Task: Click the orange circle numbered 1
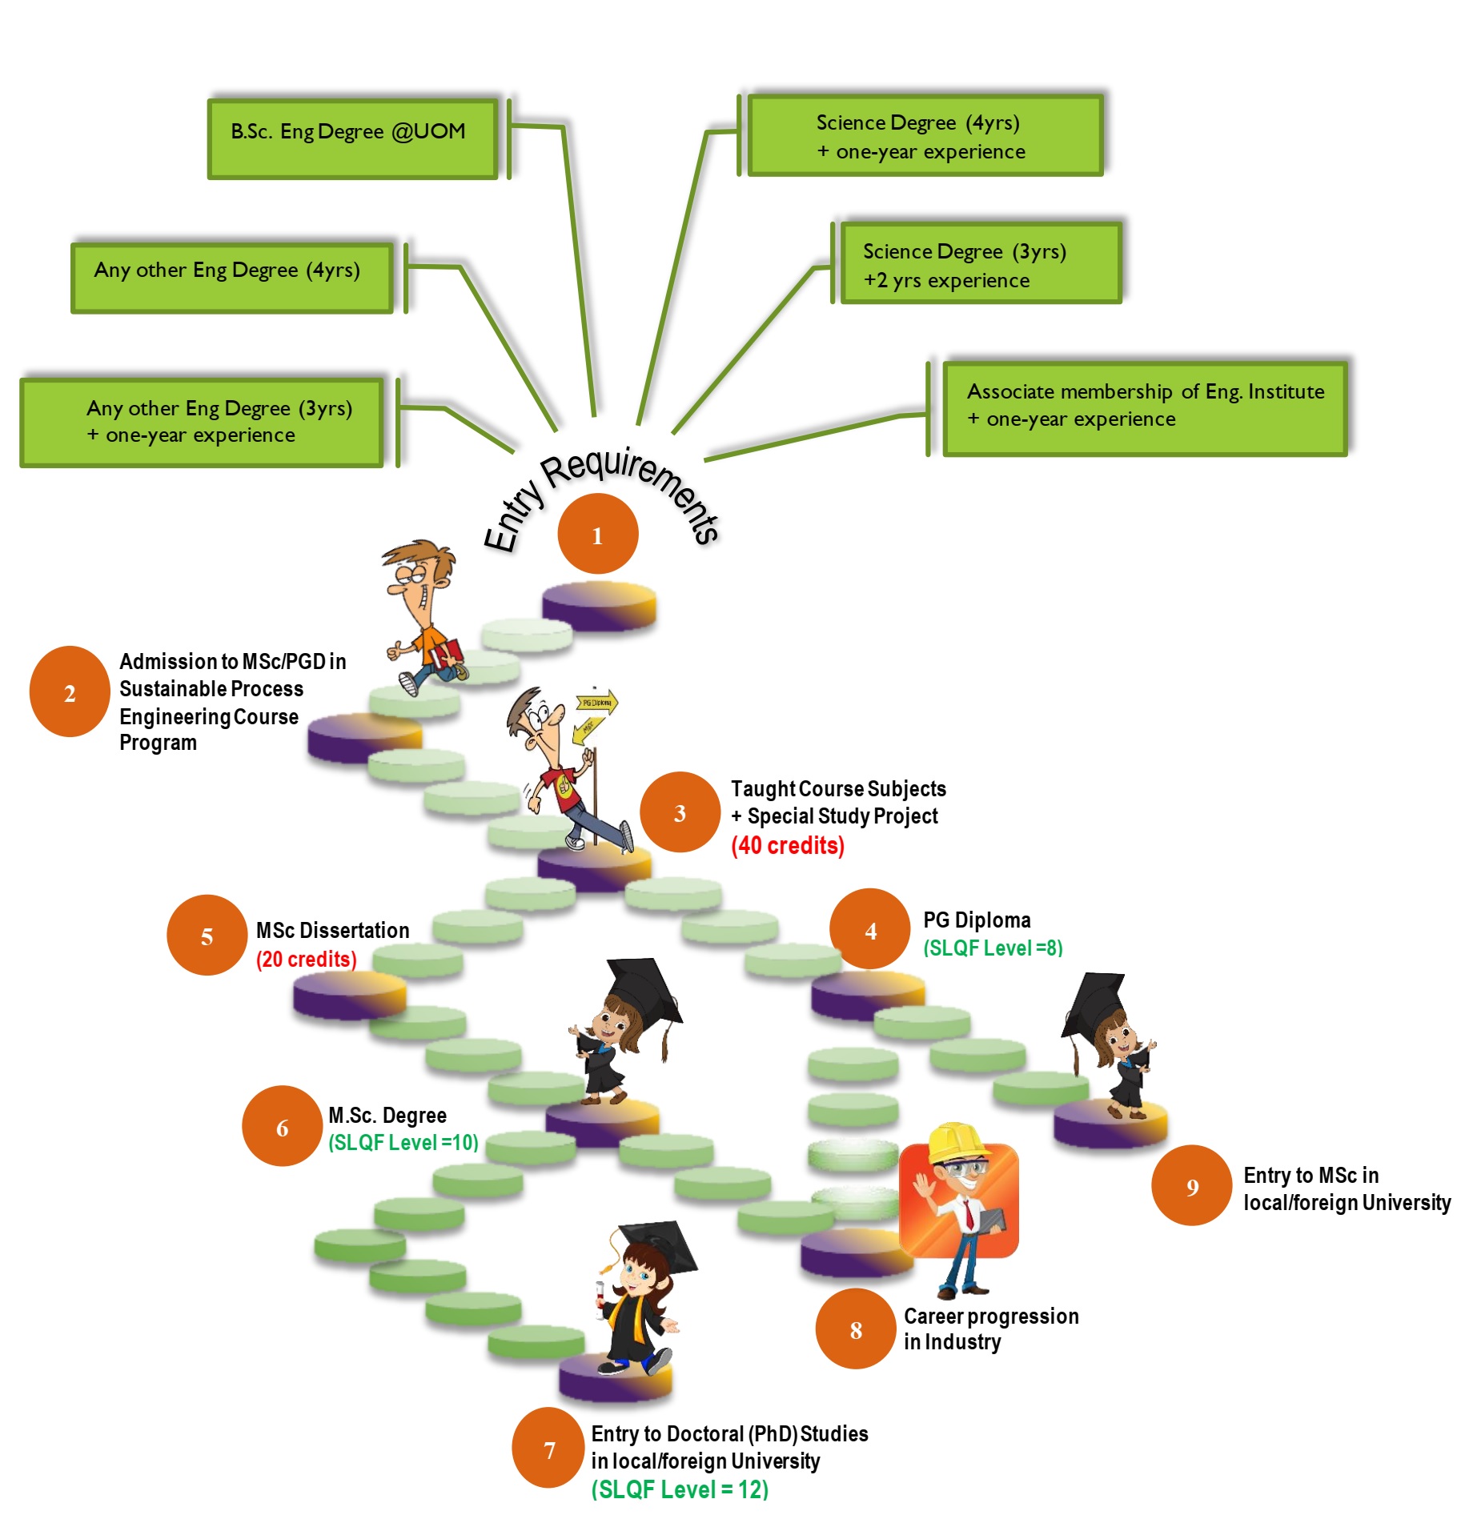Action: tap(597, 534)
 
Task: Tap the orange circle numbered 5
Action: tap(207, 935)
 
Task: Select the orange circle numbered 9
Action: tap(1191, 1185)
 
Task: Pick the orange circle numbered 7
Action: tap(549, 1448)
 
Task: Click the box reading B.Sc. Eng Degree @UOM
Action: tap(352, 138)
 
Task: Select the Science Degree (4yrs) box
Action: tap(925, 135)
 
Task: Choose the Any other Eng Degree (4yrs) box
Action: tap(231, 277)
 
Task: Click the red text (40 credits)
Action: tap(788, 845)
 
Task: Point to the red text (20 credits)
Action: tap(306, 959)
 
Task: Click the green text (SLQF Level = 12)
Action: tap(680, 1489)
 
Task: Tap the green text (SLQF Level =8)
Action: tap(993, 948)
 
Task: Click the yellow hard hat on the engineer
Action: tap(958, 1144)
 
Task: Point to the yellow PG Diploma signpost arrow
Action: tap(597, 703)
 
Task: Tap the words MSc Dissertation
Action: tap(332, 930)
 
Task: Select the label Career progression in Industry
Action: tap(991, 1329)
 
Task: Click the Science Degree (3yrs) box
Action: tap(980, 264)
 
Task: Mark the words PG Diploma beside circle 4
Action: tap(977, 920)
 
